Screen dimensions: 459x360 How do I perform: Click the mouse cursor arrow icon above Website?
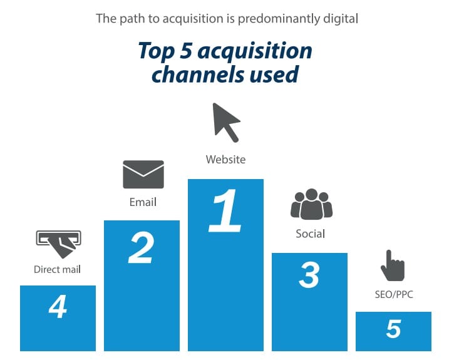(225, 121)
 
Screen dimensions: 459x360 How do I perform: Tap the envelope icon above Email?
(143, 175)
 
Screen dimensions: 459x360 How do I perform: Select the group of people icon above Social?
(311, 204)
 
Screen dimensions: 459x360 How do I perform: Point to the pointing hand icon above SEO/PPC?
(392, 265)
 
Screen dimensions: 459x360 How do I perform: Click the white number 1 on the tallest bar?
(225, 211)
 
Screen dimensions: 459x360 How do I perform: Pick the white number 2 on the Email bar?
(142, 247)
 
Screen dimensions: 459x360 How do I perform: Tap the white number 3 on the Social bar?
(309, 275)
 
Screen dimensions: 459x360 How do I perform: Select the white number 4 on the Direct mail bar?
(58, 306)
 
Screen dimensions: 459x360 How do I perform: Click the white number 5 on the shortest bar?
(393, 329)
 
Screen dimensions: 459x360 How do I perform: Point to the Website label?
(225, 160)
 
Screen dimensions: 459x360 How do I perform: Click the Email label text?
(143, 202)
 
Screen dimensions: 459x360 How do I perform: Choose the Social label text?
(311, 234)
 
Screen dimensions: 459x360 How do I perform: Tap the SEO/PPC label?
(394, 294)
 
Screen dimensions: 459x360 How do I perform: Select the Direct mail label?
(57, 269)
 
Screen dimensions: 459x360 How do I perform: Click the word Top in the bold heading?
(157, 52)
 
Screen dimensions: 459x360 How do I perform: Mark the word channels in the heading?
(197, 75)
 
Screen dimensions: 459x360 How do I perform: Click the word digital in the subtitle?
(341, 19)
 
